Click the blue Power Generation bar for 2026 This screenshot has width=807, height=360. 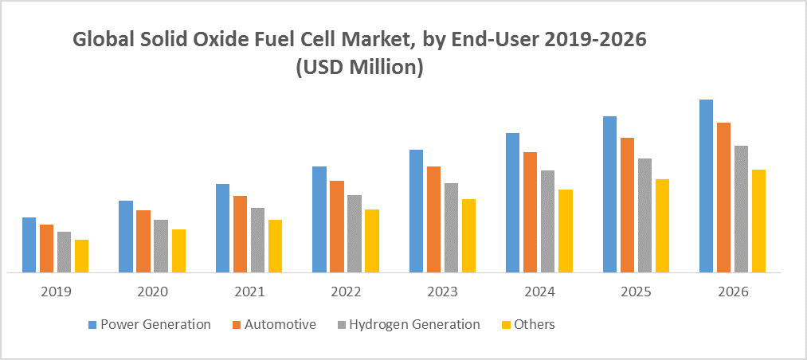706,186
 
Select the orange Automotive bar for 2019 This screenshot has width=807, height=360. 46,248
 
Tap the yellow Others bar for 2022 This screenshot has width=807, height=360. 372,241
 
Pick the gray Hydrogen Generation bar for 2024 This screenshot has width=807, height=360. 547,221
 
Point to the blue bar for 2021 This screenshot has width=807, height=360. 222,228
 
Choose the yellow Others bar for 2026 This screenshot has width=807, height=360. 758,221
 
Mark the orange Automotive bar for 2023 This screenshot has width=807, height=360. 433,219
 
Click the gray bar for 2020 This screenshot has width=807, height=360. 161,246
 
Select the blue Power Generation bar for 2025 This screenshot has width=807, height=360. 609,194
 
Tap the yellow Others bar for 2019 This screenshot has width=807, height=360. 81,256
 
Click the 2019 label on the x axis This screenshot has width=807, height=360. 56,292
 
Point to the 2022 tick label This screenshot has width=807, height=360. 346,292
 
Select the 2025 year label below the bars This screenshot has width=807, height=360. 635,292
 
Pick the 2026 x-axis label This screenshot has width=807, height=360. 732,292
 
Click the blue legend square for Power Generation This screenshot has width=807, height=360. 92,325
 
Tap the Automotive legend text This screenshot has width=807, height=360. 280,324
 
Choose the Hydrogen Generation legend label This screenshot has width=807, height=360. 414,324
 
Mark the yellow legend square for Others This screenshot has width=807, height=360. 503,325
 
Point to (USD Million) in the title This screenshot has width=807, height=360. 358,69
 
